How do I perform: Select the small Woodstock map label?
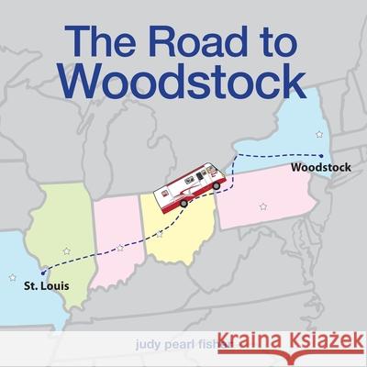coord(317,169)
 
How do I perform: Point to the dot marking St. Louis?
coord(42,272)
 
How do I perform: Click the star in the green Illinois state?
coord(65,250)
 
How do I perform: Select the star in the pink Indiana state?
coord(120,247)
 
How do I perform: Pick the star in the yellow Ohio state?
coord(160,235)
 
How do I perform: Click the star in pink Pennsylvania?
coord(265,206)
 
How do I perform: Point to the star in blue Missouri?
coord(12,277)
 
